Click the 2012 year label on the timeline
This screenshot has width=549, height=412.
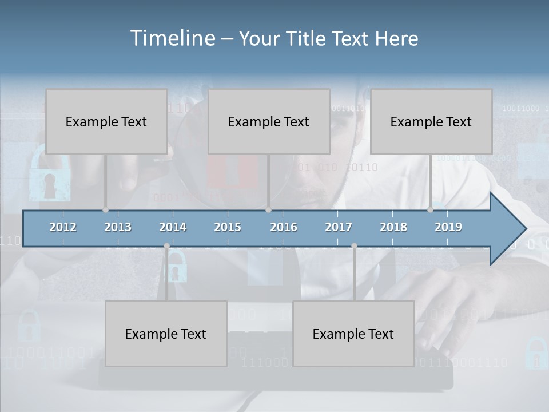pos(63,227)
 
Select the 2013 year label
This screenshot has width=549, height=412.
pos(118,227)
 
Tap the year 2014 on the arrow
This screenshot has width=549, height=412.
pos(173,227)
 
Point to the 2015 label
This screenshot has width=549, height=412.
pos(228,227)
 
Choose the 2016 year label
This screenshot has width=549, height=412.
pos(284,227)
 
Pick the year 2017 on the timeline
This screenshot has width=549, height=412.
pos(339,227)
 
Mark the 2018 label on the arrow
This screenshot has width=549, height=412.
pos(393,227)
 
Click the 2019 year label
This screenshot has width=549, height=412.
pos(448,227)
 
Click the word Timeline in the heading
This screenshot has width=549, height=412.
pos(172,38)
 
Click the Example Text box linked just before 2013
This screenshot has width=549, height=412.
pos(106,121)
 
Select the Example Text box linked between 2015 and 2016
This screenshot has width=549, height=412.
pos(269,121)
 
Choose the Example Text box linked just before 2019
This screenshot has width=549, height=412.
pos(431,121)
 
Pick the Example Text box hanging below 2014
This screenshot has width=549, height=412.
pos(166,334)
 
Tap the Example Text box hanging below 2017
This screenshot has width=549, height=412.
pos(353,334)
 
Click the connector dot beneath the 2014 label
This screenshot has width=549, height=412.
pos(166,246)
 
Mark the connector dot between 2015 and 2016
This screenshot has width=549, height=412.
pos(268,210)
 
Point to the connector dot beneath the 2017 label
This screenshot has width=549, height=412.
pos(354,246)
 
